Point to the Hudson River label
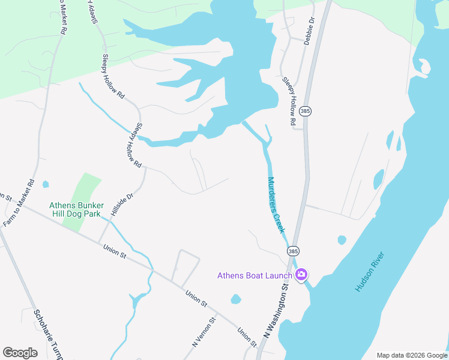pos(369,272)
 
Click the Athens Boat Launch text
pos(255,275)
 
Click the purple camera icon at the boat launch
pos(301,275)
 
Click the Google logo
pos(20,352)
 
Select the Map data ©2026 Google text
pos(412,355)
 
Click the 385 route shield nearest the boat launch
pos(293,251)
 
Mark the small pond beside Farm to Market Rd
pos(46,184)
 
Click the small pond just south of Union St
pos(235,299)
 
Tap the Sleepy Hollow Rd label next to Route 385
pos(289,101)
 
